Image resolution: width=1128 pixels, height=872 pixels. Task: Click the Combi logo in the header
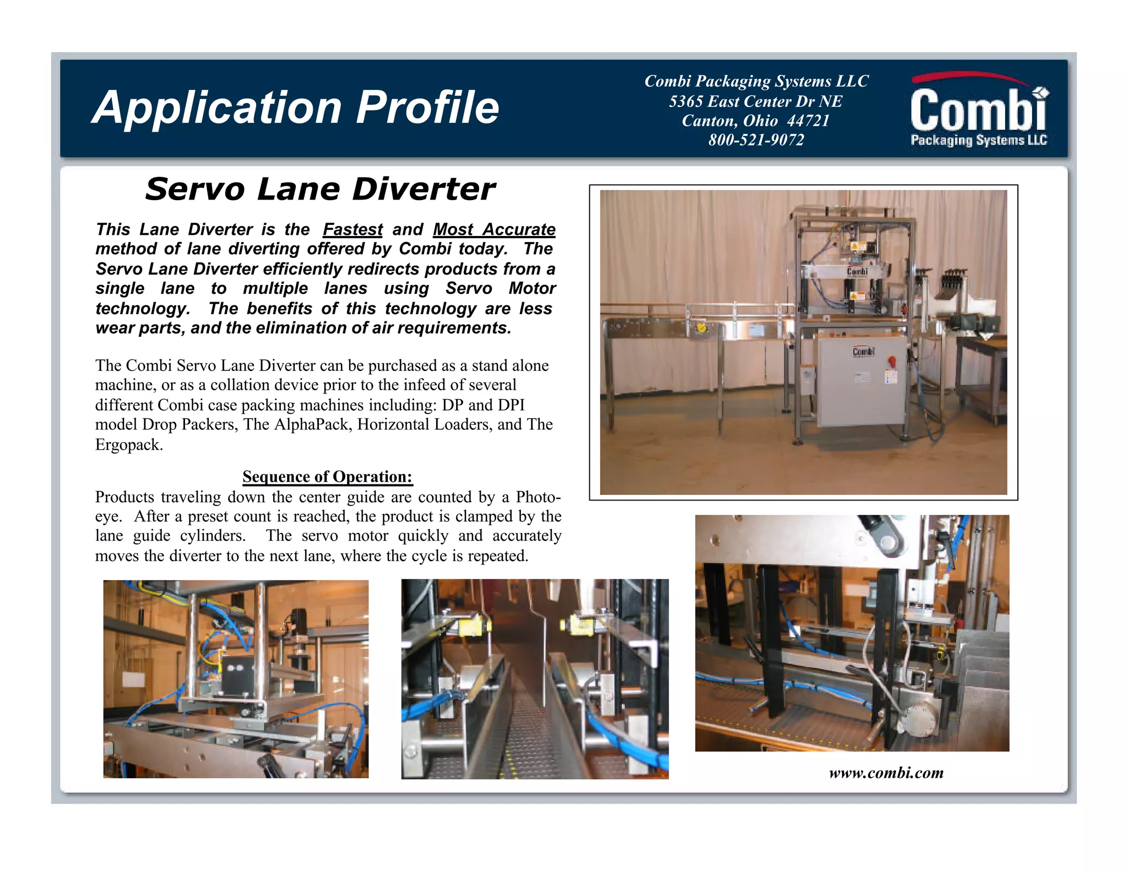pyautogui.click(x=979, y=111)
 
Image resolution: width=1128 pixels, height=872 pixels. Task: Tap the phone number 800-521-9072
pyautogui.click(x=756, y=140)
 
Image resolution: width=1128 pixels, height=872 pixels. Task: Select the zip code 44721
pyautogui.click(x=808, y=121)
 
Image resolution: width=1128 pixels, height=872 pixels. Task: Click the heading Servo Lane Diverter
pyautogui.click(x=320, y=189)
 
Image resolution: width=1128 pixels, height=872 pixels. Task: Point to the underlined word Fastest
pyautogui.click(x=352, y=229)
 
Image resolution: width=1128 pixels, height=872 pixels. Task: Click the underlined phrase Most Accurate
pyautogui.click(x=494, y=229)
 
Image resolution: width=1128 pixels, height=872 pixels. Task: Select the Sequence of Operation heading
pyautogui.click(x=327, y=476)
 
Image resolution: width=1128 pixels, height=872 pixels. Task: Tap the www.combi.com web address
pyautogui.click(x=886, y=773)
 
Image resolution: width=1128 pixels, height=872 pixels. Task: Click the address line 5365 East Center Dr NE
pyautogui.click(x=756, y=101)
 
